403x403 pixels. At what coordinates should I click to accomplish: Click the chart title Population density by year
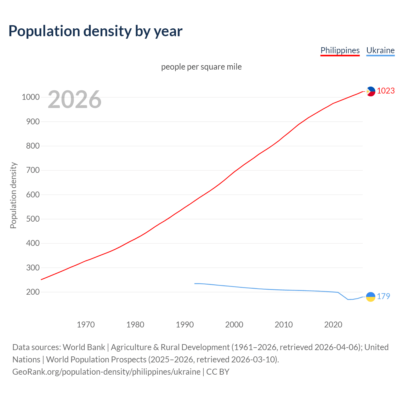(95, 31)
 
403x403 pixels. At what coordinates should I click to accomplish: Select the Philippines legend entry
(340, 50)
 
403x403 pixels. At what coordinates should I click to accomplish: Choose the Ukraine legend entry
(380, 50)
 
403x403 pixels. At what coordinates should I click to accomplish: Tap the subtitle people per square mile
(201, 67)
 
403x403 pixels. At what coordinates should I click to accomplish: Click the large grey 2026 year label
(75, 99)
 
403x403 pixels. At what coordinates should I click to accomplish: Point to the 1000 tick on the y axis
(31, 97)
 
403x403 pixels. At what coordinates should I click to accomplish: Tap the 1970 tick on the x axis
(86, 325)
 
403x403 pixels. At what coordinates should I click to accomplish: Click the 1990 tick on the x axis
(185, 325)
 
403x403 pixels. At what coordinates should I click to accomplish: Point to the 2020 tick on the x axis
(333, 325)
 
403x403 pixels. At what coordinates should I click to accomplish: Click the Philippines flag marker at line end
(371, 91)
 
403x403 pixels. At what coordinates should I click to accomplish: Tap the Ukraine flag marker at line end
(371, 297)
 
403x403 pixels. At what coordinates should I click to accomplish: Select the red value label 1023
(386, 91)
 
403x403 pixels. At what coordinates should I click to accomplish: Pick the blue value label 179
(383, 297)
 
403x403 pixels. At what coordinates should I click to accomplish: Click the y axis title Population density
(13, 195)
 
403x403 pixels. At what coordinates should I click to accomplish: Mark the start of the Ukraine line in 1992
(195, 284)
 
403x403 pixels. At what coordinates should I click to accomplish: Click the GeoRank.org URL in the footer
(106, 372)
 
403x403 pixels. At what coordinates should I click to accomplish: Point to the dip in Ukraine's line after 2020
(349, 299)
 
